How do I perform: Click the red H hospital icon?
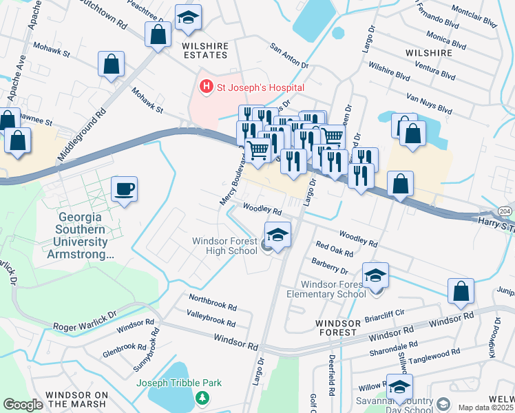pos(204,87)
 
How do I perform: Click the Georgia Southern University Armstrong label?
pos(81,235)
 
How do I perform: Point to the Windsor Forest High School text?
pos(224,246)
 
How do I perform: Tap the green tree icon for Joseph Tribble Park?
pos(202,398)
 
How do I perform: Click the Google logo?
pos(23,405)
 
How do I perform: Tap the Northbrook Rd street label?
pos(212,303)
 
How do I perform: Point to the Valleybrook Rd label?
pos(211,320)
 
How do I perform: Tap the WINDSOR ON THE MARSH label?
pos(76,395)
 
